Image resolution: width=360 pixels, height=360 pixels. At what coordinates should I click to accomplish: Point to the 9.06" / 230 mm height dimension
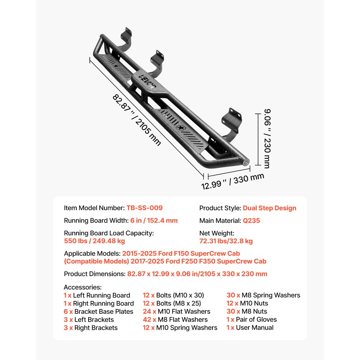(265, 139)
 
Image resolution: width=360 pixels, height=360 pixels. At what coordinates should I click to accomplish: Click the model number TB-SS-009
(144, 208)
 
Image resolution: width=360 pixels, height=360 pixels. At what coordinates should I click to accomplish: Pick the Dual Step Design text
(269, 208)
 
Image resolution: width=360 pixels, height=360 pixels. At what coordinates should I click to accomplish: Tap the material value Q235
(251, 221)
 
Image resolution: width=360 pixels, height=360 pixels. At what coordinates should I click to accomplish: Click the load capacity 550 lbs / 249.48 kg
(94, 241)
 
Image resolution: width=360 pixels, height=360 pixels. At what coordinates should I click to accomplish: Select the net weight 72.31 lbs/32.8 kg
(226, 241)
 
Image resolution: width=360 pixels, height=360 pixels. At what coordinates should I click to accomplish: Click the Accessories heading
(83, 287)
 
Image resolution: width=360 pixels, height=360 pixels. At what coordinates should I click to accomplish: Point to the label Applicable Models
(92, 254)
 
